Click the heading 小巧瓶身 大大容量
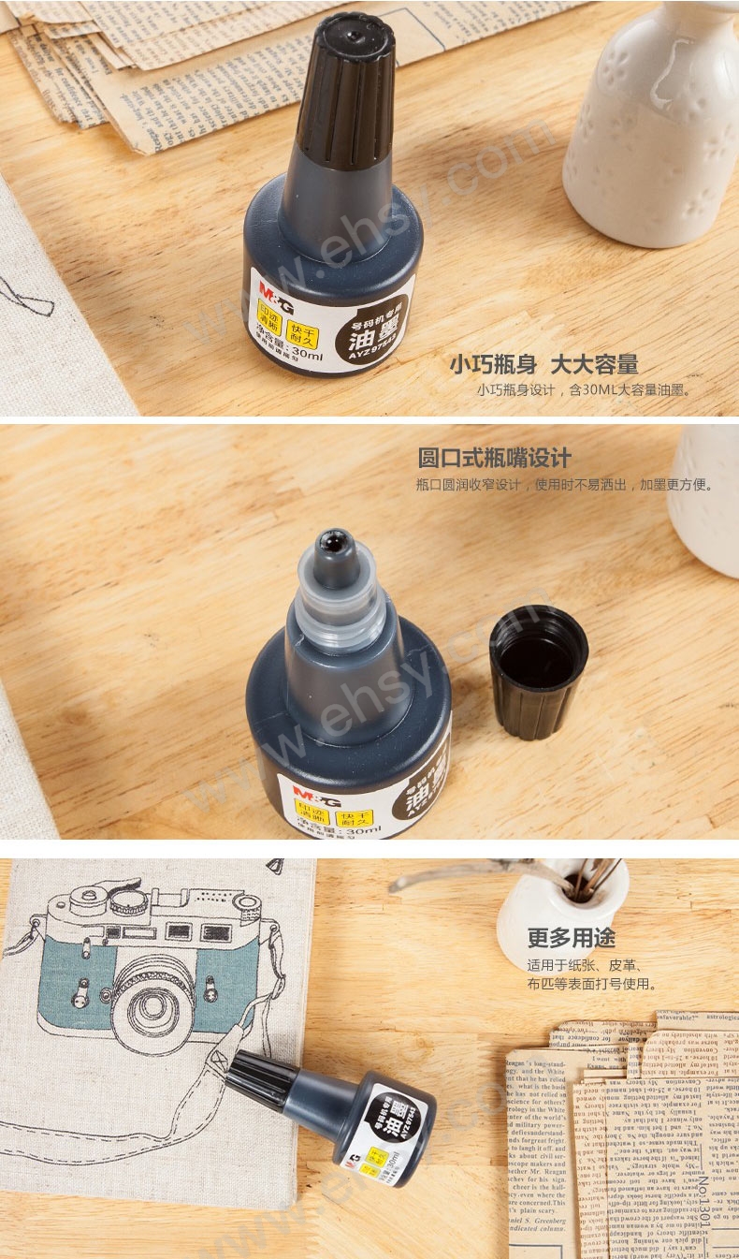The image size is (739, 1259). pyautogui.click(x=543, y=364)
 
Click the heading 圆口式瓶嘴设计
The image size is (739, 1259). pyautogui.click(x=494, y=458)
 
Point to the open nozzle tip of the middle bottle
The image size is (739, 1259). pyautogui.click(x=334, y=540)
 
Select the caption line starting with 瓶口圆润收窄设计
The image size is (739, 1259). pyautogui.click(x=564, y=485)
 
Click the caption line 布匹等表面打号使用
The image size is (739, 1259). pyautogui.click(x=591, y=984)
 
